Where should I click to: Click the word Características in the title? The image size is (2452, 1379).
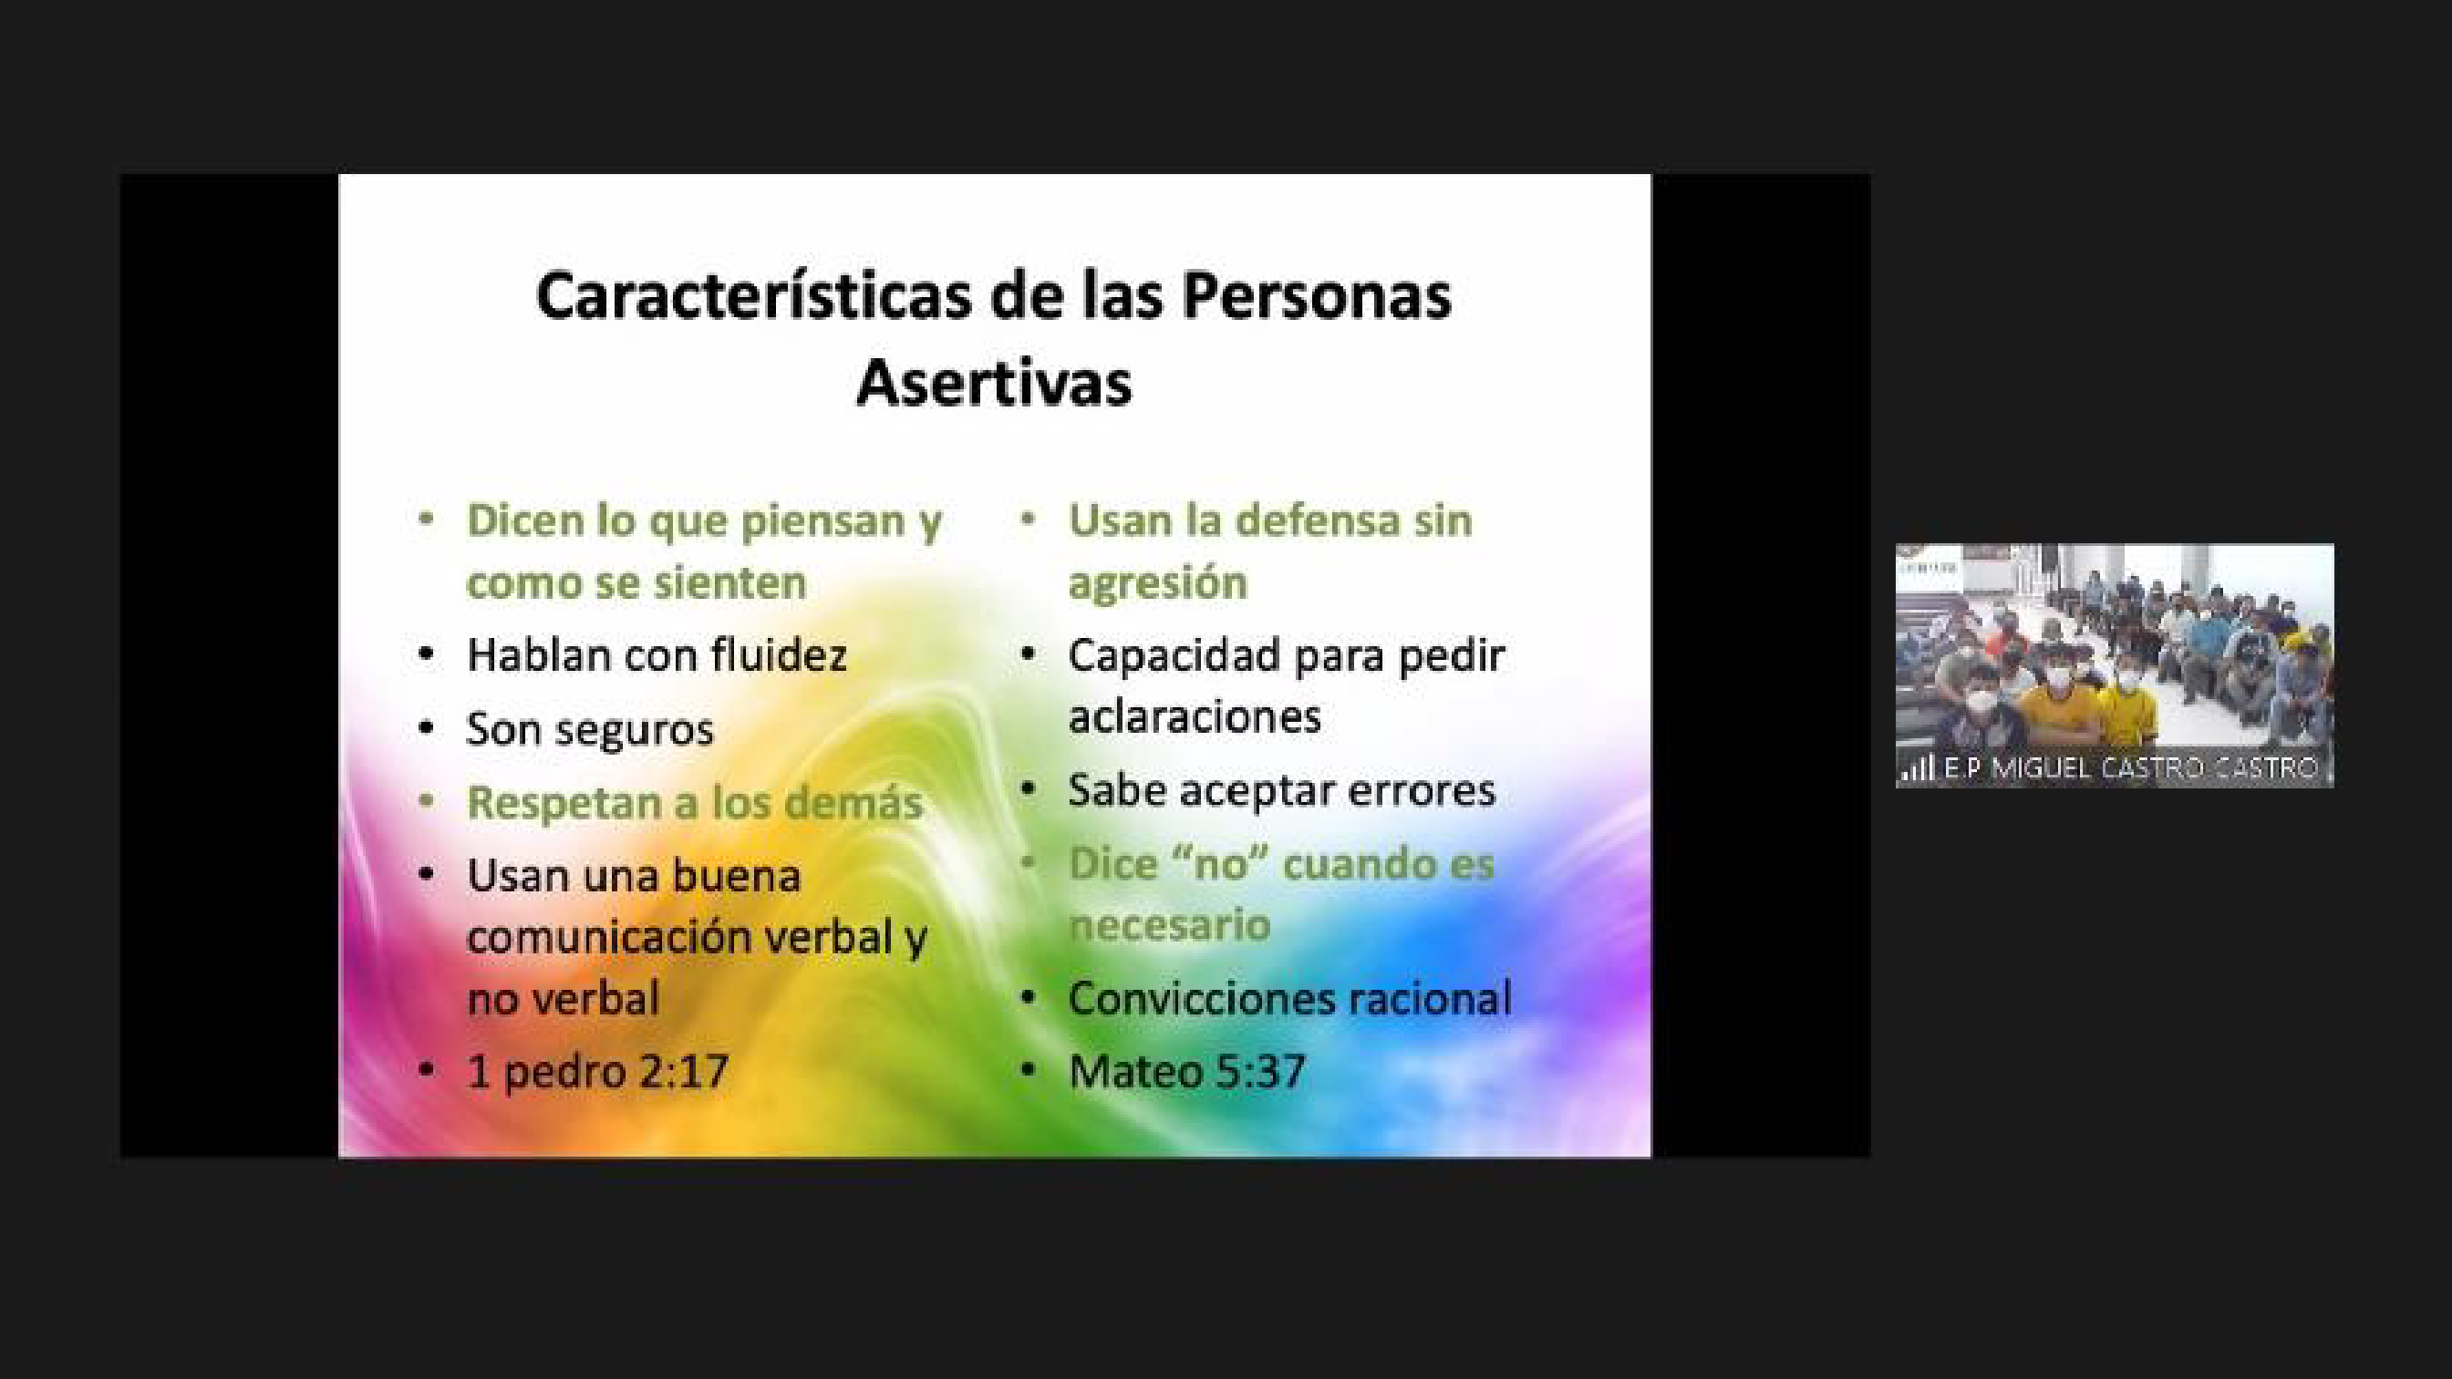point(753,295)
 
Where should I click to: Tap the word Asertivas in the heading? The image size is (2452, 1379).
point(994,383)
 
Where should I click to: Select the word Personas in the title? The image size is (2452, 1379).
point(1317,295)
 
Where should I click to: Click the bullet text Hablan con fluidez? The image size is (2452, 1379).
point(656,654)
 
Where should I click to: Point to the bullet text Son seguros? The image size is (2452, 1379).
point(589,730)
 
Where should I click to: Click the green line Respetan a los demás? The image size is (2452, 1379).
point(694,802)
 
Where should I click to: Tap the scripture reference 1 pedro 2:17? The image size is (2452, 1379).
point(598,1072)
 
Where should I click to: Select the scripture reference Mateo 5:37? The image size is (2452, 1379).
point(1186,1072)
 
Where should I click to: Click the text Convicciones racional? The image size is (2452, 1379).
point(1289,998)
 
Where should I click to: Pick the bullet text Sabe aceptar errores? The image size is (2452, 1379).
point(1281,790)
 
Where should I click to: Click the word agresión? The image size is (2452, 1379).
point(1157,582)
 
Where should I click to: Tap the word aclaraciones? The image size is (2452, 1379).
point(1195,716)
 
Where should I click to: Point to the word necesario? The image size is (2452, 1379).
point(1169,924)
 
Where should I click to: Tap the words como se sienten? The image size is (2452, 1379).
point(636,582)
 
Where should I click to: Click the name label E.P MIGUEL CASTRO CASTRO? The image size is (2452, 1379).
point(2130,768)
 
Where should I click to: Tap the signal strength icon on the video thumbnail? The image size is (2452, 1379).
point(1917,768)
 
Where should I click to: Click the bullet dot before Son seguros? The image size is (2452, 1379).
point(427,729)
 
